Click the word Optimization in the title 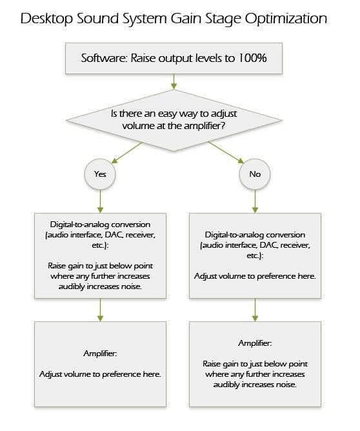286,19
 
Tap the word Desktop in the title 46,19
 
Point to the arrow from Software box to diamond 174,82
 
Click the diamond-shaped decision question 174,121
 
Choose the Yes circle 100,174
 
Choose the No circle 255,174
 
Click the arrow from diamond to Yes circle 126,152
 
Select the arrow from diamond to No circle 226,152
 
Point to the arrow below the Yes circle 100,201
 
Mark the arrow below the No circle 255,201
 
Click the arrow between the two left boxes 100,310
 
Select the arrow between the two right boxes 255,310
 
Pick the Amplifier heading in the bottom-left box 100,354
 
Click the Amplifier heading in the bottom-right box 255,343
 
